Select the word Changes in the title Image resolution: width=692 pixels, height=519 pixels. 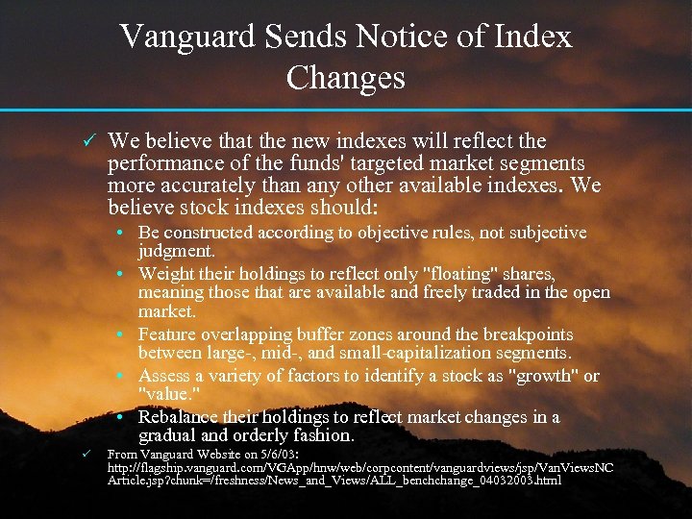[x=345, y=77]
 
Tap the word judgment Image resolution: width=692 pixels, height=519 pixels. [x=177, y=251]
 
